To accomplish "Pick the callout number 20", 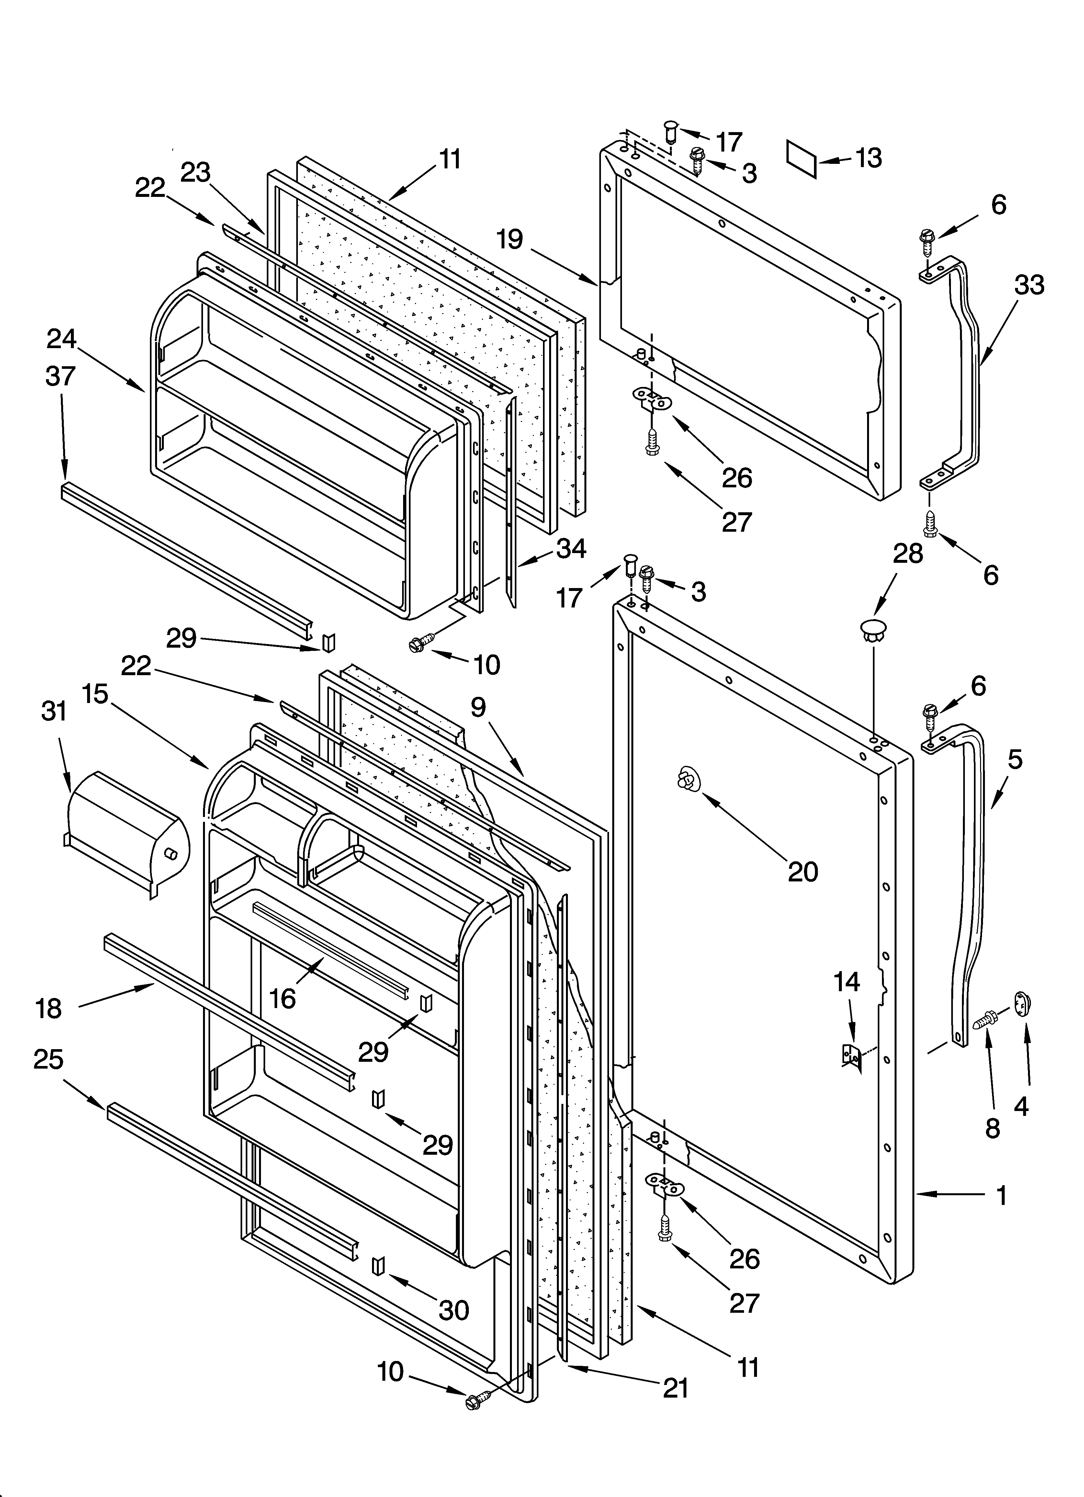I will click(803, 872).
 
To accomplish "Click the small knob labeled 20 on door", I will click(687, 781).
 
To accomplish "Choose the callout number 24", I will click(62, 339).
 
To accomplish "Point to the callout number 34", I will click(571, 548).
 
